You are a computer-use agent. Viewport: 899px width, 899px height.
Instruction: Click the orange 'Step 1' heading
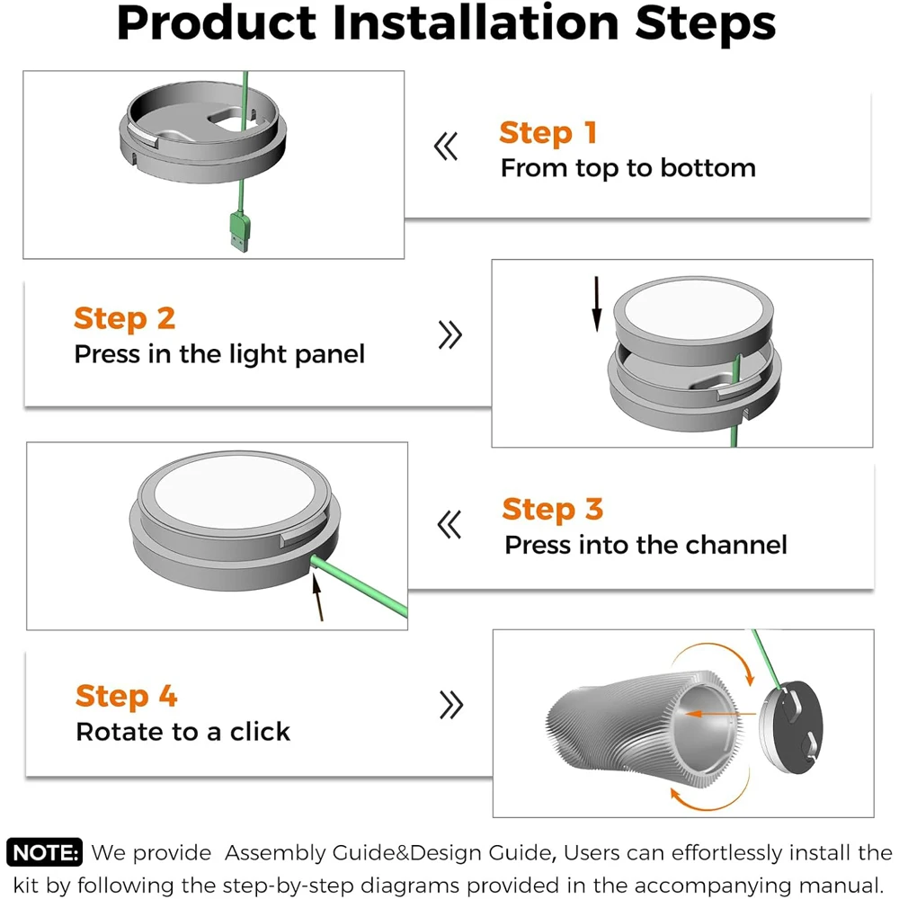click(x=548, y=132)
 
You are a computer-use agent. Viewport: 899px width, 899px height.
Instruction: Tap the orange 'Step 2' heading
click(x=124, y=318)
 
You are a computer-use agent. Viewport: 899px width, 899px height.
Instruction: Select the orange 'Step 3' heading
click(x=553, y=509)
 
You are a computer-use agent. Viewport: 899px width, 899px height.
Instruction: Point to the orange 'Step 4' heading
click(x=126, y=696)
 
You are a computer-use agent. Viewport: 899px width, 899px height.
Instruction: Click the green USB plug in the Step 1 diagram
click(x=240, y=231)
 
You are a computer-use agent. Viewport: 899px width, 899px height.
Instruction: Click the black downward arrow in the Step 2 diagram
click(x=597, y=304)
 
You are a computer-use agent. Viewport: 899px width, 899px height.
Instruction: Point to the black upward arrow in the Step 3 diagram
click(x=317, y=598)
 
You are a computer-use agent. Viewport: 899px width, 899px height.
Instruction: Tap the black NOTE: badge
click(x=44, y=852)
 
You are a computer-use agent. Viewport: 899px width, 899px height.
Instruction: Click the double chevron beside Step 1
click(x=446, y=147)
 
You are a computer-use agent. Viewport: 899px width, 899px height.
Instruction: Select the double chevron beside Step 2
click(x=450, y=334)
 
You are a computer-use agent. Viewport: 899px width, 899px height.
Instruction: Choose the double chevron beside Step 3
click(x=449, y=525)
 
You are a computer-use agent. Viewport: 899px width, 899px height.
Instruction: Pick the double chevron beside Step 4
click(x=451, y=705)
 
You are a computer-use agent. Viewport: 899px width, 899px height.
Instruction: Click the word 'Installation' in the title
click(x=476, y=23)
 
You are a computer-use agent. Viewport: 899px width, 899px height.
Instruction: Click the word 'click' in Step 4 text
click(x=261, y=732)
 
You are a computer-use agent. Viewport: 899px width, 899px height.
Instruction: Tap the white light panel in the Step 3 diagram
click(x=235, y=492)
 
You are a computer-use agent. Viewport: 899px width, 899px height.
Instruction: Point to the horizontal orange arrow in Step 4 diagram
click(x=720, y=714)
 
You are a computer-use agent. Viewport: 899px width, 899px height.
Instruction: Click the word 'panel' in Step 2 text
click(x=330, y=355)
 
